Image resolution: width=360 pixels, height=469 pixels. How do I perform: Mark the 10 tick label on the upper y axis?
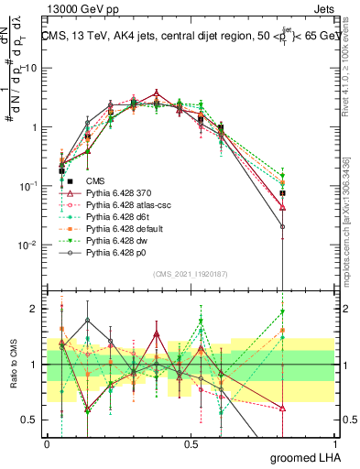point(30,69)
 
